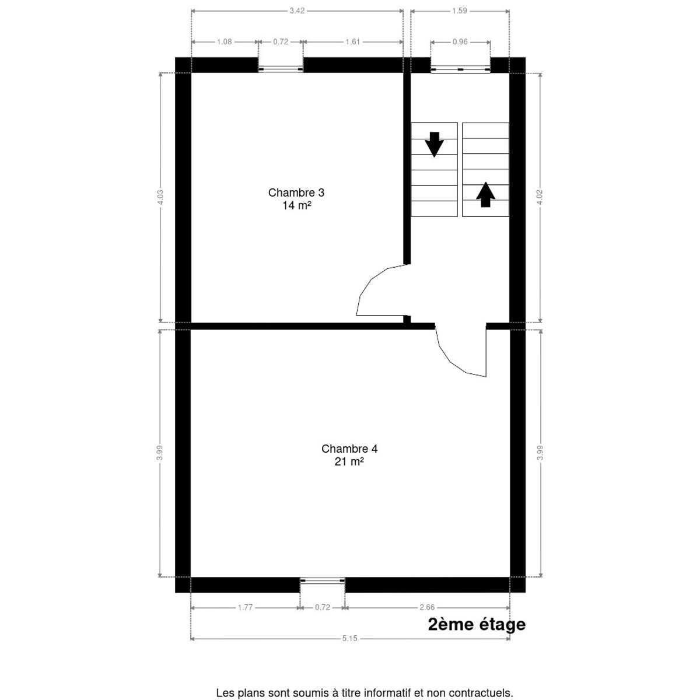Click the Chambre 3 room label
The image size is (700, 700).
tap(296, 192)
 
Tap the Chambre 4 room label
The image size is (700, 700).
tap(349, 449)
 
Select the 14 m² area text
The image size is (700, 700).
tap(297, 205)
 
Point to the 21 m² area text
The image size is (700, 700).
tap(349, 461)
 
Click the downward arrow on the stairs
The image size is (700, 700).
tap(434, 145)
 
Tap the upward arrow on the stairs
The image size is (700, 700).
tap(485, 195)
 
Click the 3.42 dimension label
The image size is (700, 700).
tap(297, 11)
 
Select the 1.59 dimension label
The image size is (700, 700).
tap(459, 11)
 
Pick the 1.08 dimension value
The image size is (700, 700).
tap(224, 42)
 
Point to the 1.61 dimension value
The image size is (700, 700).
tap(352, 42)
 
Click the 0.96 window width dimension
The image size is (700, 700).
tap(460, 42)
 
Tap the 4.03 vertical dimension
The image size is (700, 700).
tap(160, 197)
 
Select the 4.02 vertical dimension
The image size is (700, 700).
tap(540, 197)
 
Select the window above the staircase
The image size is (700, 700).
tap(460, 69)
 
